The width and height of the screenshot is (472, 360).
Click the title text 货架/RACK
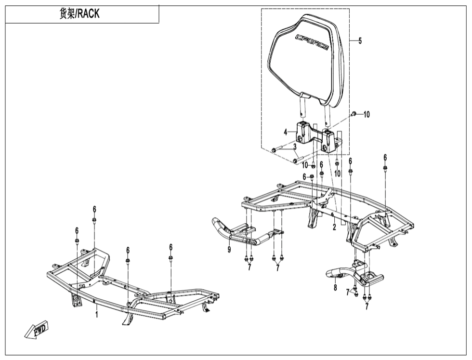click(x=79, y=14)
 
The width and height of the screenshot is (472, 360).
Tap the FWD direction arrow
click(x=37, y=329)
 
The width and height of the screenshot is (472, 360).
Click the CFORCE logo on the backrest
click(x=312, y=42)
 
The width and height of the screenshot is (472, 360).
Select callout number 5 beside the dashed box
click(x=360, y=40)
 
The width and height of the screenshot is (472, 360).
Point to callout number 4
click(x=286, y=132)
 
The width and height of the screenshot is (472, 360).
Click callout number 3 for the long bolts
click(x=295, y=147)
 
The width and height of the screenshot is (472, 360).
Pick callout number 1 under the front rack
click(x=97, y=315)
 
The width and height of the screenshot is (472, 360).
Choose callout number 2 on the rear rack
click(x=334, y=227)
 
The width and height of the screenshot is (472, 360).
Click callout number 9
click(x=229, y=250)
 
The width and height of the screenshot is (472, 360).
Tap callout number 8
click(x=335, y=288)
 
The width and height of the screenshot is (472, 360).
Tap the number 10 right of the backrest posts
click(x=367, y=115)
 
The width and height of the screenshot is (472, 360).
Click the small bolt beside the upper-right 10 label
click(x=354, y=114)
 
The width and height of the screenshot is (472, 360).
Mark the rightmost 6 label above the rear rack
click(x=385, y=158)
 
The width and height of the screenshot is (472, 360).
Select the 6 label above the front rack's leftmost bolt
click(x=77, y=230)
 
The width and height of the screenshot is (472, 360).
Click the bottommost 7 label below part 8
click(x=367, y=307)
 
